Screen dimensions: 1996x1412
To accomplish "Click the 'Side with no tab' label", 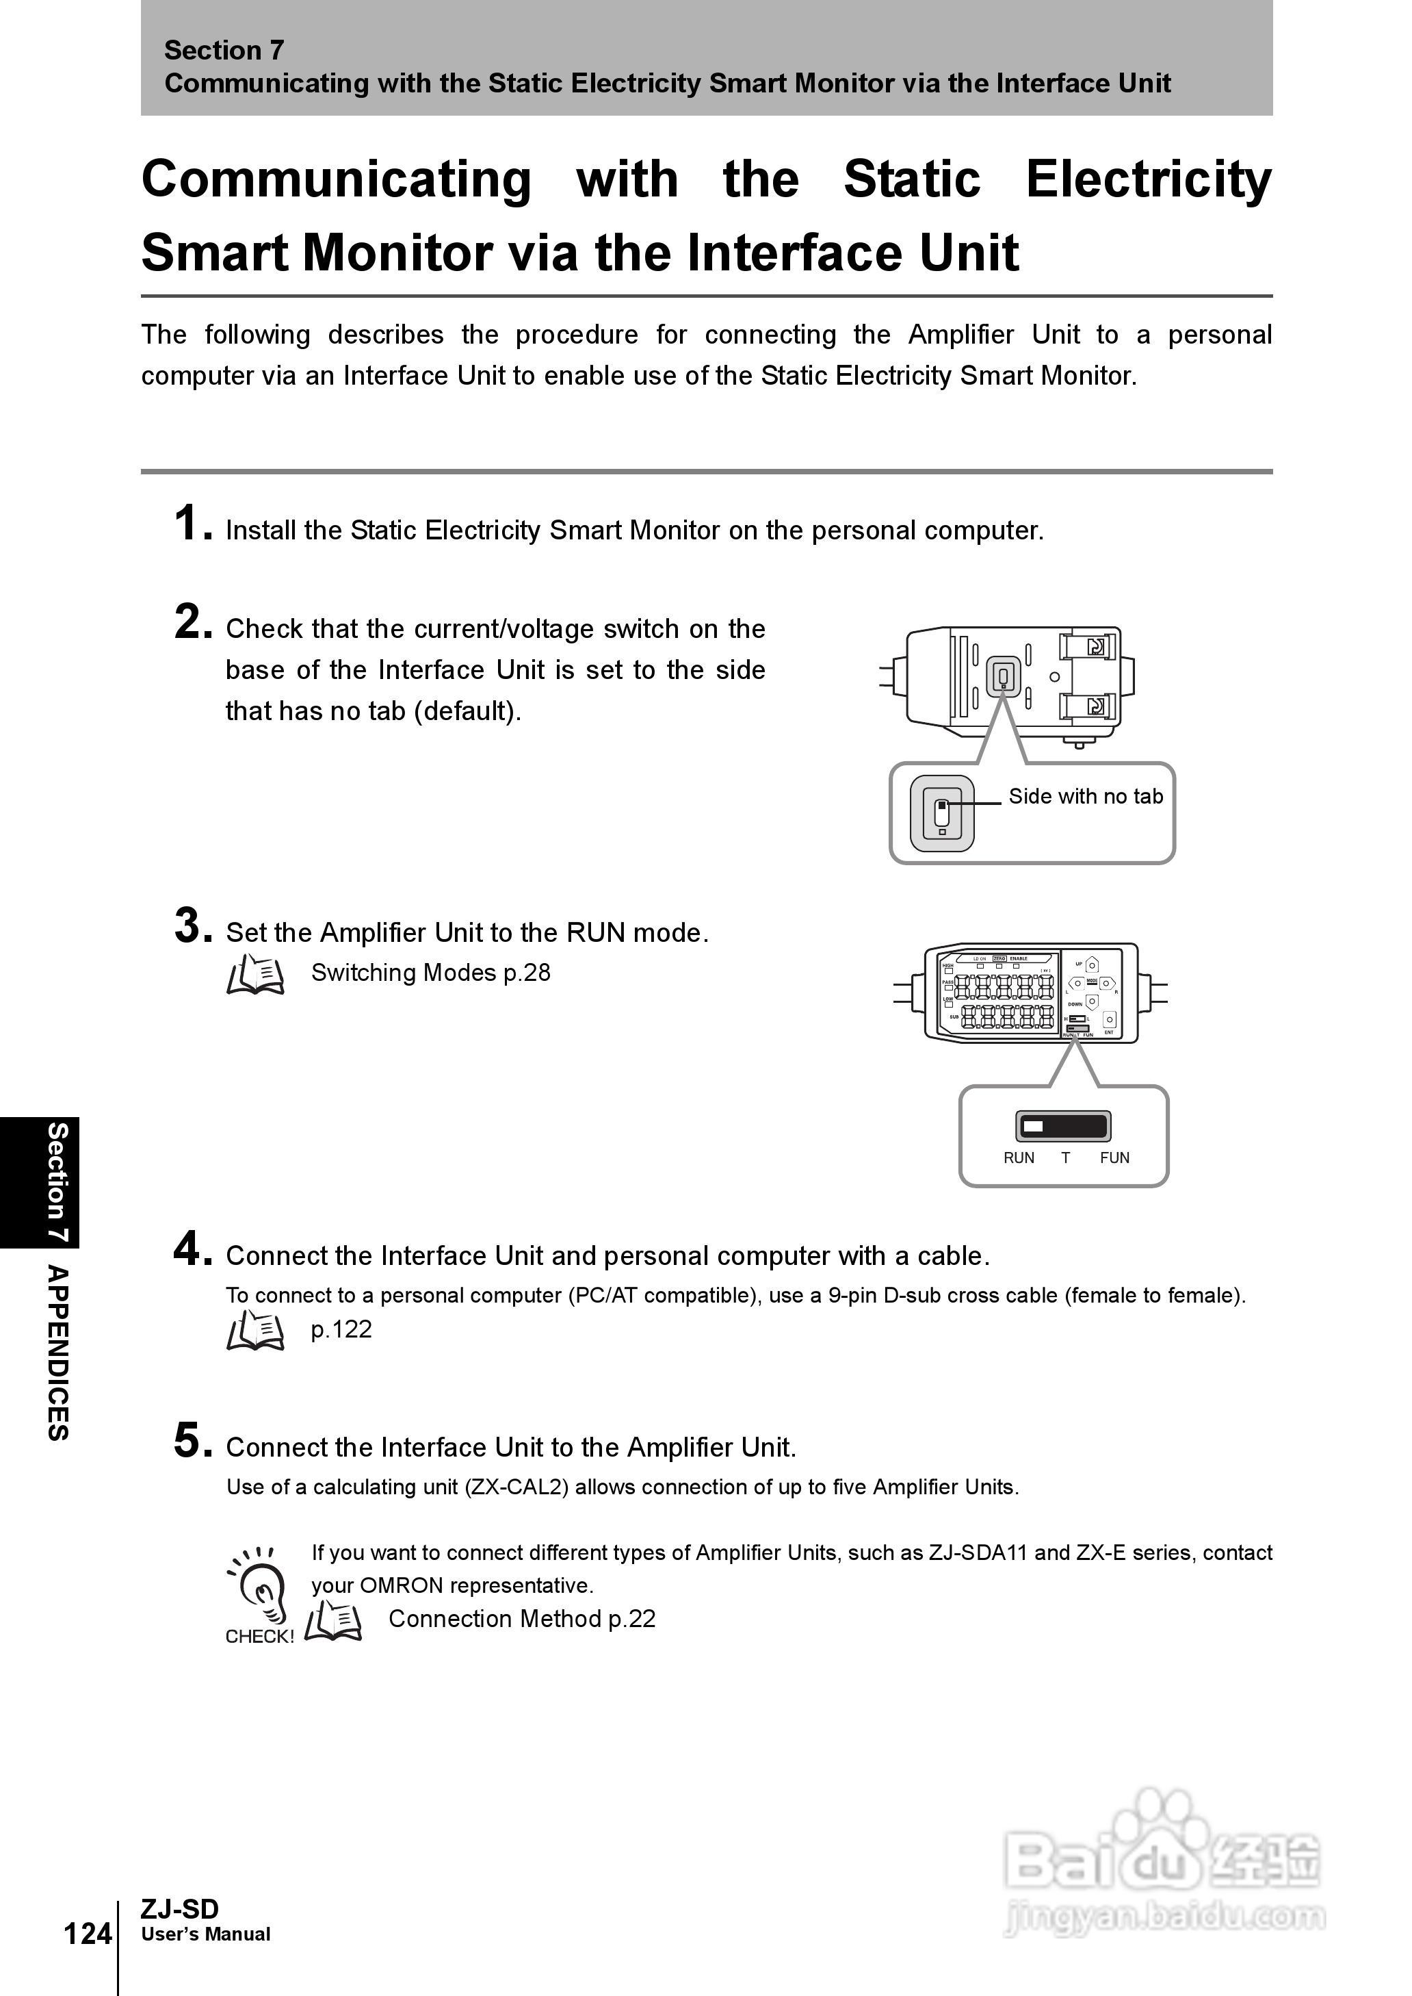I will click(x=1085, y=797).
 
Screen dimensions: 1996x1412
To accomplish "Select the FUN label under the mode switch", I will click(x=1114, y=1157).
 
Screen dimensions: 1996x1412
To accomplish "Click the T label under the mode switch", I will click(x=1065, y=1157).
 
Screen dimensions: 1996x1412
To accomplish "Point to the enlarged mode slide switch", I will click(x=1063, y=1126).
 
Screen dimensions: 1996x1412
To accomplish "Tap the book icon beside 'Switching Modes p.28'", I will click(x=254, y=974).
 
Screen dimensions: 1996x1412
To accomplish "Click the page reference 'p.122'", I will click(x=341, y=1330).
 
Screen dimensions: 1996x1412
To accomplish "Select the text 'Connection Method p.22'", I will click(x=522, y=1619).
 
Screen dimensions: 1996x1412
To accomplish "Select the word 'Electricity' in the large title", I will click(x=1148, y=179).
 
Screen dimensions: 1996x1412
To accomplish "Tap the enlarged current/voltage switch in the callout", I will click(x=941, y=813).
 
